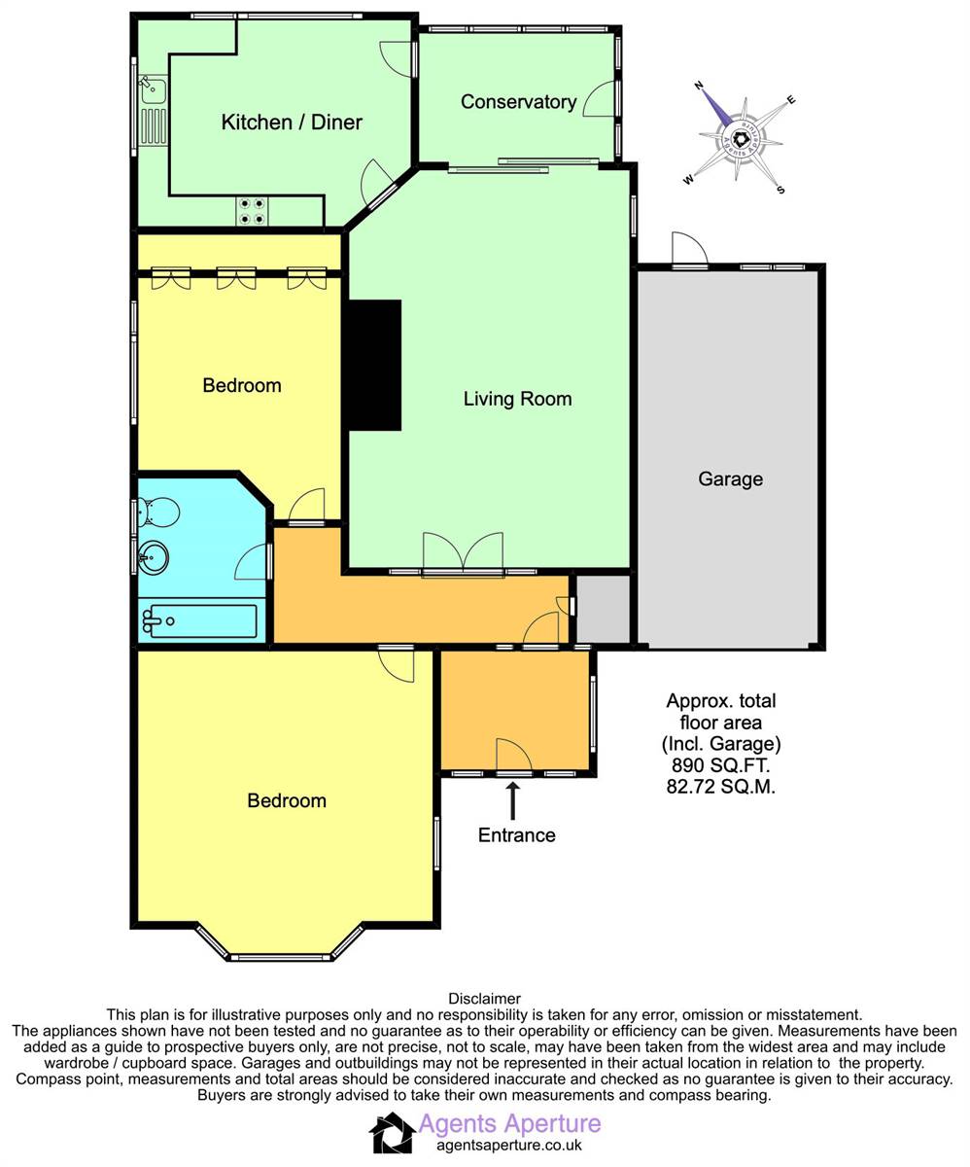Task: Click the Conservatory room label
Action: pyautogui.click(x=518, y=102)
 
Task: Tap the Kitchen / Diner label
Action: pyautogui.click(x=292, y=122)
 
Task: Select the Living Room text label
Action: pyautogui.click(x=517, y=399)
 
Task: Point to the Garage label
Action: pyautogui.click(x=730, y=479)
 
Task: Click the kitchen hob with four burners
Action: pyautogui.click(x=252, y=211)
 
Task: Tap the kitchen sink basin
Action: pyautogui.click(x=154, y=91)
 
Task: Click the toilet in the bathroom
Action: pyautogui.click(x=159, y=511)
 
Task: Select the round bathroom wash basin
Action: pyautogui.click(x=154, y=557)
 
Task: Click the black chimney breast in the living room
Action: pyautogui.click(x=373, y=365)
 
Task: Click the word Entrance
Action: pyautogui.click(x=517, y=835)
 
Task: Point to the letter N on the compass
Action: pyautogui.click(x=698, y=86)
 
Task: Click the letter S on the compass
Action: pyautogui.click(x=780, y=190)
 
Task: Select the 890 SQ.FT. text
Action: pyautogui.click(x=721, y=764)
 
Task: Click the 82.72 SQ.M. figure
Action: pyautogui.click(x=721, y=787)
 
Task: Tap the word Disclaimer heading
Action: pyautogui.click(x=484, y=998)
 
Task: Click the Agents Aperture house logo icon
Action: pyautogui.click(x=392, y=1133)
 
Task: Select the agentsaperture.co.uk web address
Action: pyautogui.click(x=509, y=1146)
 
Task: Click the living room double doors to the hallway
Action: pyautogui.click(x=464, y=553)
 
